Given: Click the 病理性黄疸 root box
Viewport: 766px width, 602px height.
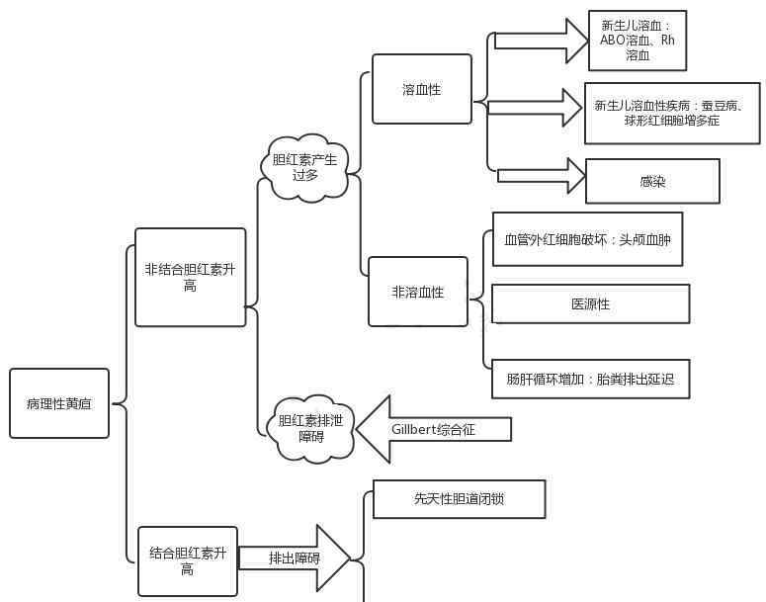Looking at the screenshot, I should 59,403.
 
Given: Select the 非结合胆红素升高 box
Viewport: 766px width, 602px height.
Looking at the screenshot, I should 190,277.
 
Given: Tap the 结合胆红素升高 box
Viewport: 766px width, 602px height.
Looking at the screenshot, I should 188,560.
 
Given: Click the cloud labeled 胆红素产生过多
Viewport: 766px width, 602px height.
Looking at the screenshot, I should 304,167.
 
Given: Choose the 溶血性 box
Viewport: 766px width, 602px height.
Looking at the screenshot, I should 422,89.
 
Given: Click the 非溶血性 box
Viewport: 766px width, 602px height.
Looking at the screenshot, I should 418,292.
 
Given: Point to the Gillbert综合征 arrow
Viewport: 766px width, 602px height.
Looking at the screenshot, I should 435,429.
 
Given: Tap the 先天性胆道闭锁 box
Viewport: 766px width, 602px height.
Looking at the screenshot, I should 459,499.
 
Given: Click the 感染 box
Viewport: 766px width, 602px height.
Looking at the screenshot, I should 652,181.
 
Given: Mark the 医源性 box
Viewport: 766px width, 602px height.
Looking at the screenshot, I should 590,303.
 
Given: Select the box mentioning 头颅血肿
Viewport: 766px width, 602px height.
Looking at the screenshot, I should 587,239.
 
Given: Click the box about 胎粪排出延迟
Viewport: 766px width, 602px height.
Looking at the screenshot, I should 590,379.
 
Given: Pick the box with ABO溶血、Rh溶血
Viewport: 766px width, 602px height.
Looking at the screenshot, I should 638,41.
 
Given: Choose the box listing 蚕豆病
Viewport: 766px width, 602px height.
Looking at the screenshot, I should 672,113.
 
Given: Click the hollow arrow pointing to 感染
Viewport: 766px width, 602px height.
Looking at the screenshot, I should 542,176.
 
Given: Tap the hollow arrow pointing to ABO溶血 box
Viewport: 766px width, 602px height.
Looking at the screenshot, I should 541,41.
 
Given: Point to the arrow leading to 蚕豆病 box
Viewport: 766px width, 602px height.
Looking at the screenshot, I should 535,107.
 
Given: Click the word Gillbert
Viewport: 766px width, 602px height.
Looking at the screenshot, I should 414,429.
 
